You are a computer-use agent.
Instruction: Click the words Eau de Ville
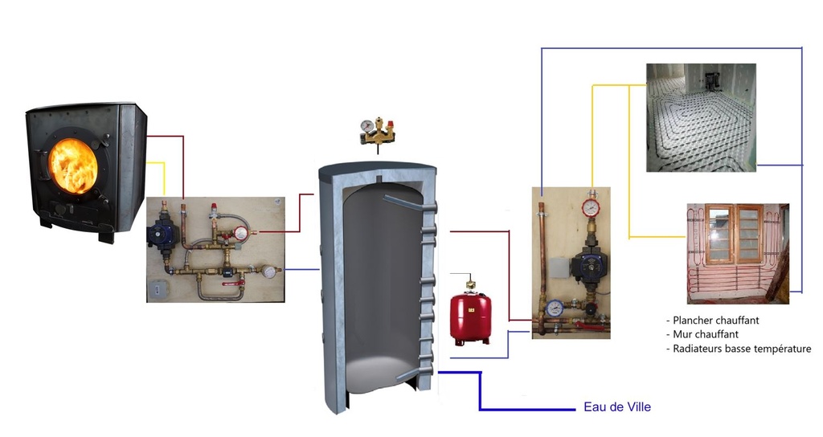coord(616,407)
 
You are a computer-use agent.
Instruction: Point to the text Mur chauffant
coord(706,334)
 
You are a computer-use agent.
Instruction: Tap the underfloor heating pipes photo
coord(701,118)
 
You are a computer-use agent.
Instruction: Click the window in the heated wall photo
coord(733,235)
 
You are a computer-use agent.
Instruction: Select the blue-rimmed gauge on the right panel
coord(554,308)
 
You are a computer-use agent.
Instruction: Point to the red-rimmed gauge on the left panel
coord(241,234)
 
